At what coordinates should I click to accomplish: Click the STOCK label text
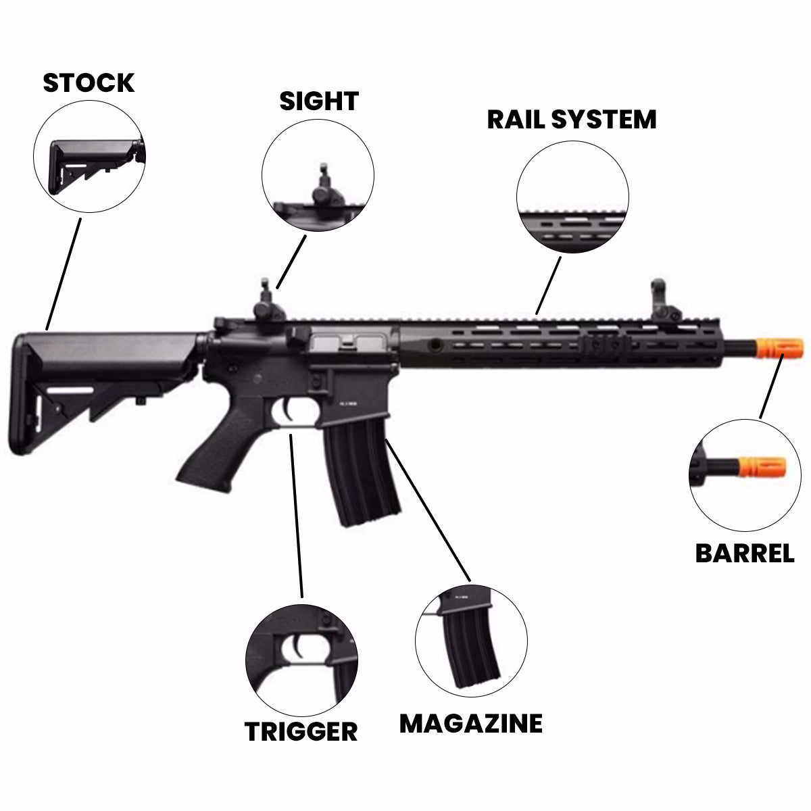(89, 83)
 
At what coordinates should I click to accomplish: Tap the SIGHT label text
(318, 101)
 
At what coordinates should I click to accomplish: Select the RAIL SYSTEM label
(571, 120)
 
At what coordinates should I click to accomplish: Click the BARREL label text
(745, 554)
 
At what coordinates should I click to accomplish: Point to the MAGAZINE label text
(470, 723)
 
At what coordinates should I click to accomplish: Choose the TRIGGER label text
(301, 731)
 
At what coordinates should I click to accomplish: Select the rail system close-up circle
(572, 200)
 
